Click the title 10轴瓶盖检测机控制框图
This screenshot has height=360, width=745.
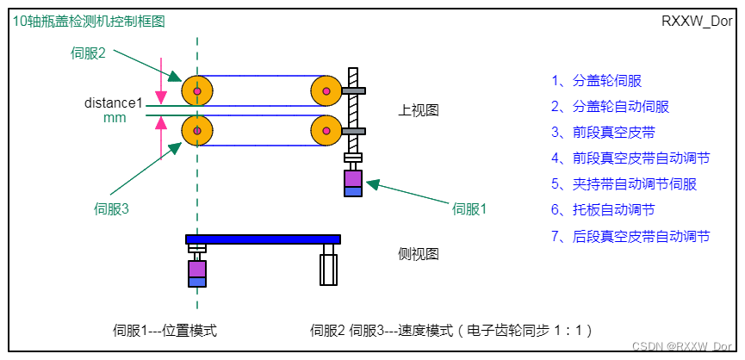pos(88,22)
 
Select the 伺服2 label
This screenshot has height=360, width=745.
pos(88,53)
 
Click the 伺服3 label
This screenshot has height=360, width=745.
pos(111,208)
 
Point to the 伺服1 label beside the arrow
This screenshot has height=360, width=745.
pos(470,208)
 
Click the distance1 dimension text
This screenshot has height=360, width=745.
pos(113,103)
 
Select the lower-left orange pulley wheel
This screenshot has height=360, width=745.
pos(197,131)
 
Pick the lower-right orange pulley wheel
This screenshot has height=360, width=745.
pos(326,131)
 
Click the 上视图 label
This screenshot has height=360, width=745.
pos(419,111)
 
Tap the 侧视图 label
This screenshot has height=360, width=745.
pos(419,254)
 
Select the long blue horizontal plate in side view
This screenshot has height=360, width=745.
pos(263,239)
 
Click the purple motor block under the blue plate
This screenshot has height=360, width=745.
pos(197,269)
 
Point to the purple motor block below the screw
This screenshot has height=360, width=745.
pos(353,178)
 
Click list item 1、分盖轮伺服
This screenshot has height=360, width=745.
pos(596,81)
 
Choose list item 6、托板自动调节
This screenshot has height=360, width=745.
pos(603,210)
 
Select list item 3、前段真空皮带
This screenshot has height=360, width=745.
pos(603,133)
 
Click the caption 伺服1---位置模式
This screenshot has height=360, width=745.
pos(165,330)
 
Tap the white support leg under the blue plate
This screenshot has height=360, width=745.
pos(327,268)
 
